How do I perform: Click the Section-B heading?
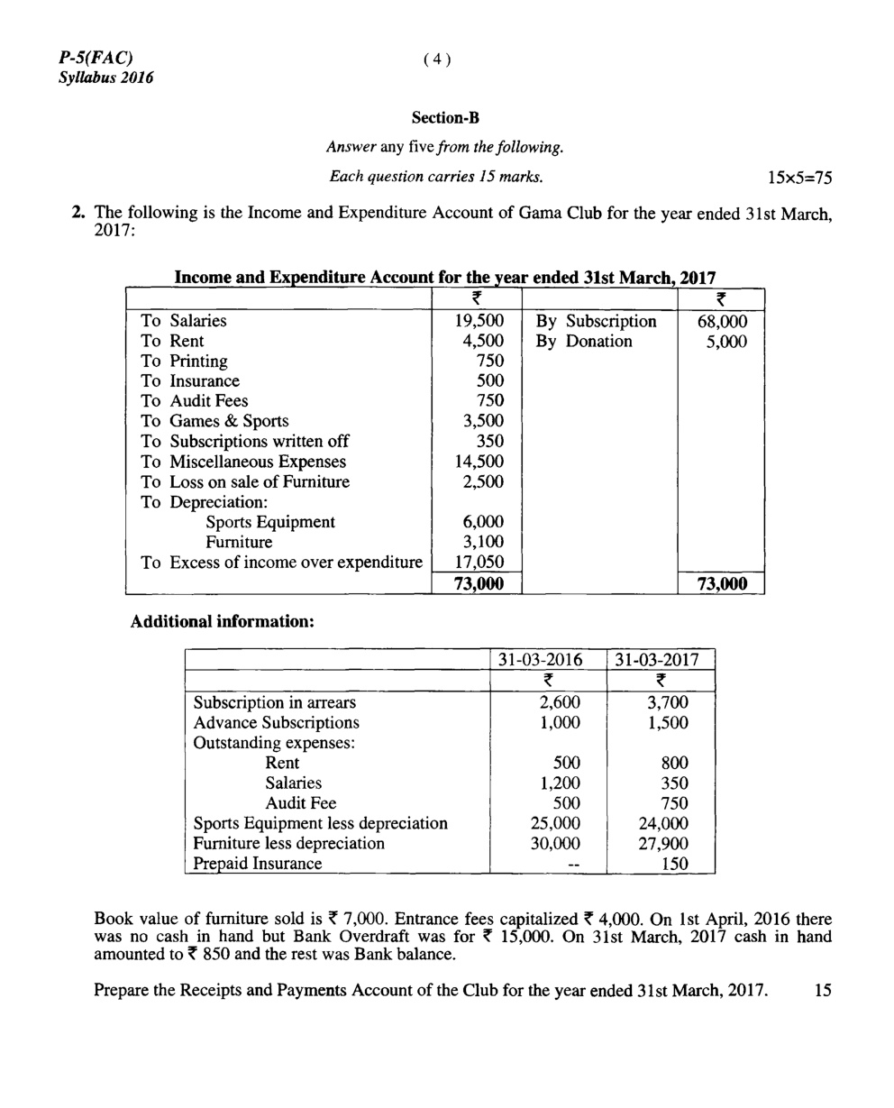[x=445, y=117]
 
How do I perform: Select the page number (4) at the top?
[x=435, y=60]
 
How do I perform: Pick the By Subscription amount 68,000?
[x=723, y=321]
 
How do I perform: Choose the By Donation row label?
[x=584, y=342]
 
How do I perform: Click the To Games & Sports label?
[x=214, y=421]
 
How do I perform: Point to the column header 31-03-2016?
[x=547, y=659]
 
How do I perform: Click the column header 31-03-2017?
[x=661, y=659]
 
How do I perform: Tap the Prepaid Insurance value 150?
[x=674, y=864]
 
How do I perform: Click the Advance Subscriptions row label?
[x=276, y=723]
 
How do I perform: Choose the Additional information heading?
[x=223, y=623]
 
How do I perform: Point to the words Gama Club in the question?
[x=553, y=213]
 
